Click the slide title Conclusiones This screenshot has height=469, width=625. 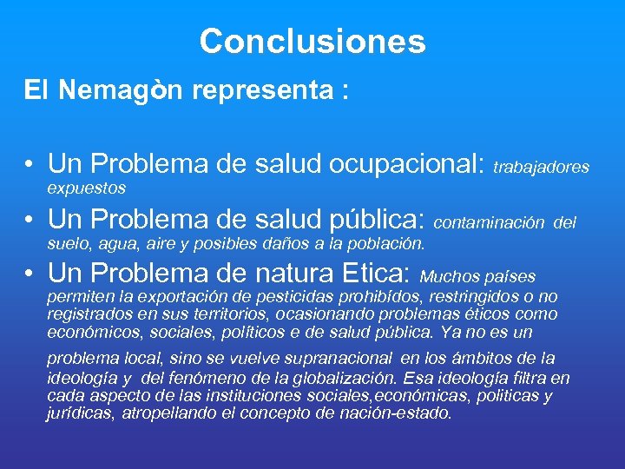(312, 41)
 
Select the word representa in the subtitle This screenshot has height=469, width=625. (266, 92)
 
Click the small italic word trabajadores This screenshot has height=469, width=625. (541, 167)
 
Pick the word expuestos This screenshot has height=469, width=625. (86, 188)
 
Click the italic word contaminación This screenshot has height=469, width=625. (489, 223)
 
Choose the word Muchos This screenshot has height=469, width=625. (447, 278)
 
